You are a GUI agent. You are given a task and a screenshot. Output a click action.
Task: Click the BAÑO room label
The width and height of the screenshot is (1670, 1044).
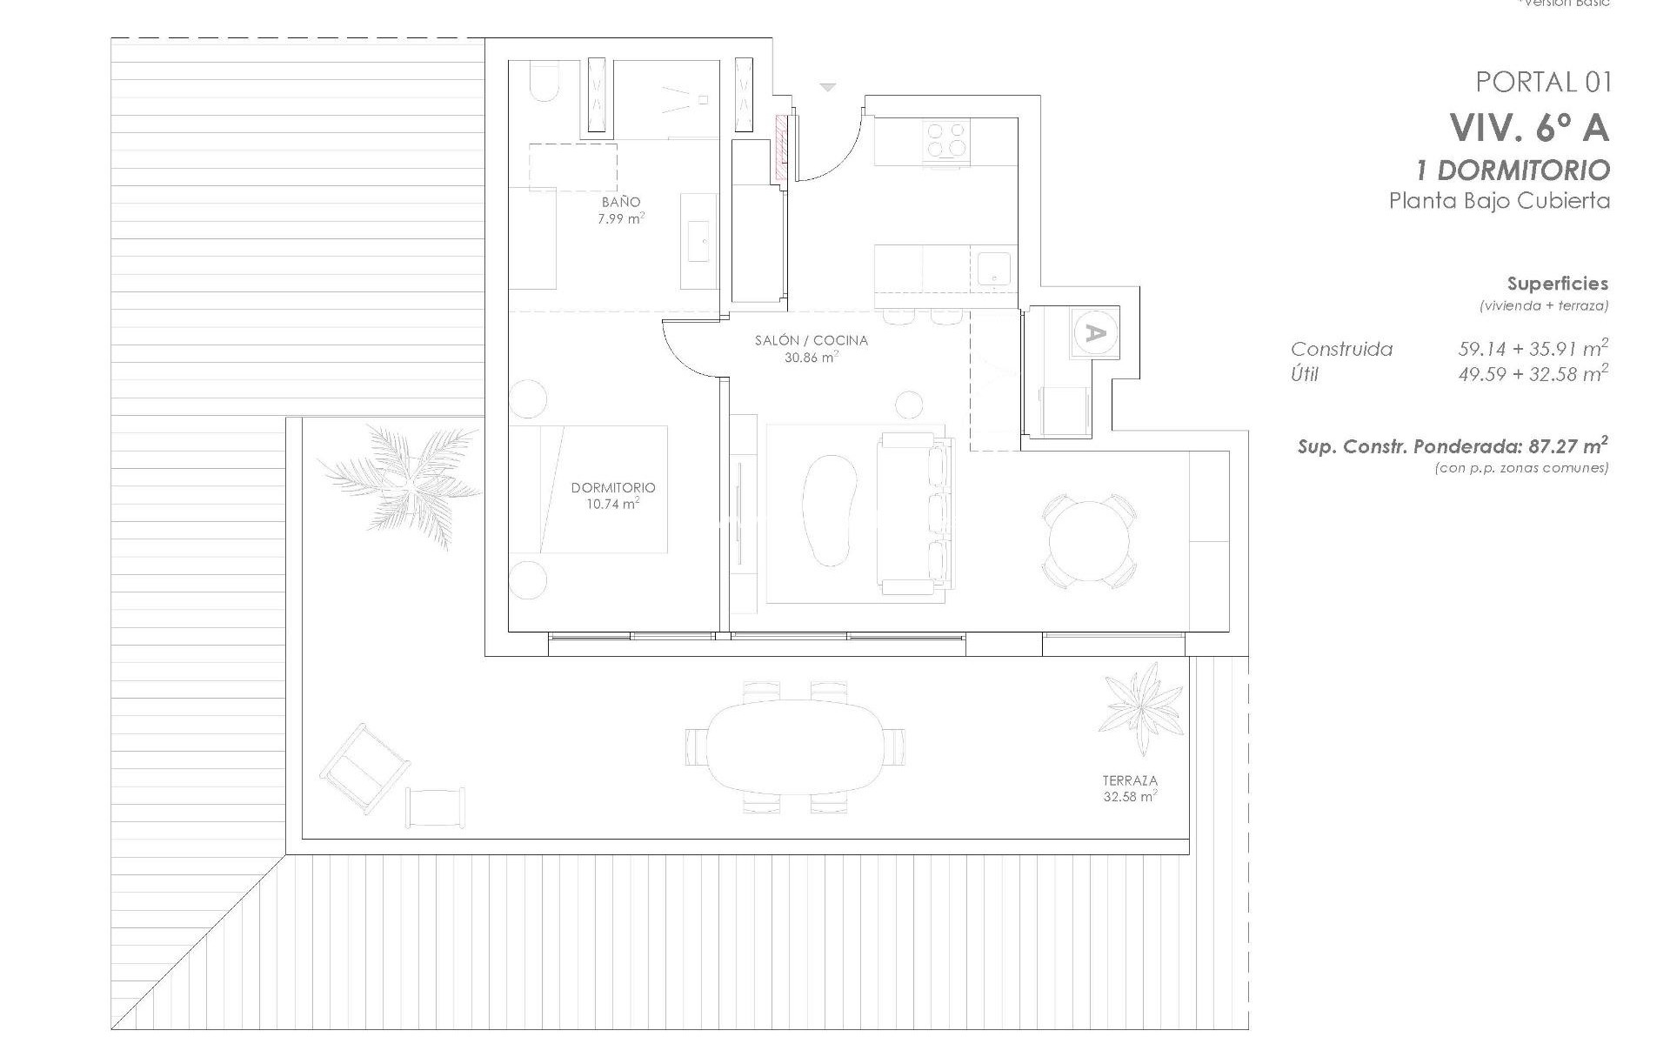point(620,202)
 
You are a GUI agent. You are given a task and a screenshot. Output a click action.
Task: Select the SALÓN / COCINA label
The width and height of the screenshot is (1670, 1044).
point(811,340)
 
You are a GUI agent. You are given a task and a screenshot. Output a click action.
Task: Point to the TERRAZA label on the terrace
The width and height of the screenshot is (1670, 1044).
point(1129,781)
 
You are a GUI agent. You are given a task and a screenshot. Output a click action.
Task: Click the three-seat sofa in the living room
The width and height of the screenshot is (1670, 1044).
point(915,513)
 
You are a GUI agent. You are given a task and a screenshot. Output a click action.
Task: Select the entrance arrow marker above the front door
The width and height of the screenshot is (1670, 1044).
point(827,87)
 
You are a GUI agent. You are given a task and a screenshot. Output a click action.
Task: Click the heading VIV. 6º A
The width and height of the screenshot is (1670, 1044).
point(1528,129)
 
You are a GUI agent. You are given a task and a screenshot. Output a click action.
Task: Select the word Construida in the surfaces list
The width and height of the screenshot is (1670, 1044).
point(1341,350)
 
